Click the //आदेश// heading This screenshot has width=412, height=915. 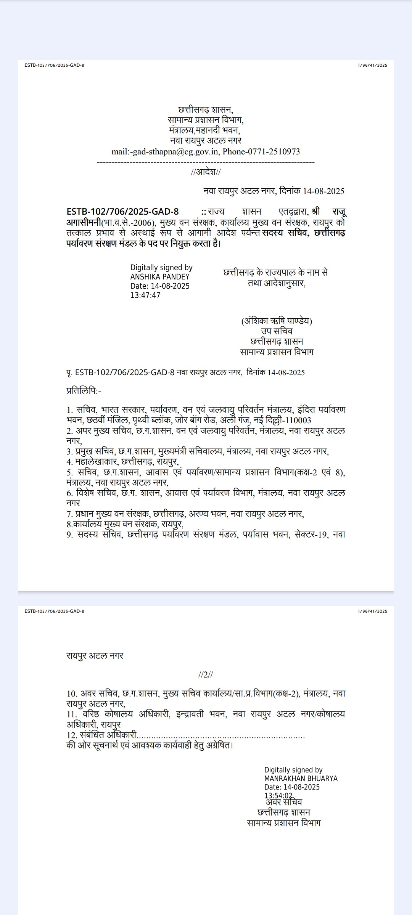point(206,172)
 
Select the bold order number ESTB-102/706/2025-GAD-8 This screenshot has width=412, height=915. point(122,212)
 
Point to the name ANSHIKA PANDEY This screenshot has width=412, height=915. point(160,277)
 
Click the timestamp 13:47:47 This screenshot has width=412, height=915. point(145,295)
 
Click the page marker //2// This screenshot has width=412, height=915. point(206,674)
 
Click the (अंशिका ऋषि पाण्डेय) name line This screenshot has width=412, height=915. point(277,321)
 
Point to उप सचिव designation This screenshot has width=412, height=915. point(277,331)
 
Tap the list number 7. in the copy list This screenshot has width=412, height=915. point(69,514)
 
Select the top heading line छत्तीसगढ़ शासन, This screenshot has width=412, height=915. point(206,110)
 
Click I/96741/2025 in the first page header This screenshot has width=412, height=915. point(372,65)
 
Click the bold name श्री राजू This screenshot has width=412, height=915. point(328,212)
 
